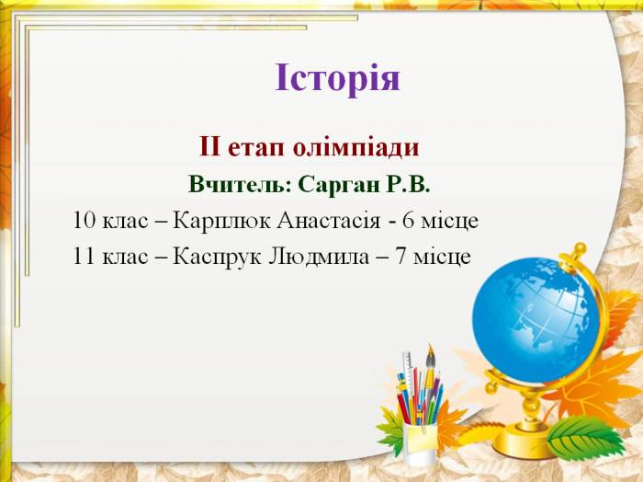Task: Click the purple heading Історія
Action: pyautogui.click(x=337, y=78)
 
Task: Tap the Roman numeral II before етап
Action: pyautogui.click(x=210, y=148)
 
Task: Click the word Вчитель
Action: pyautogui.click(x=237, y=185)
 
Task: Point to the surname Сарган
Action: pyautogui.click(x=339, y=186)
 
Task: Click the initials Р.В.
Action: pyautogui.click(x=408, y=185)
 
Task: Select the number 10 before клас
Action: pyautogui.click(x=85, y=221)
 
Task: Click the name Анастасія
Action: pyautogui.click(x=329, y=221)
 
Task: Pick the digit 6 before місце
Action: pyautogui.click(x=409, y=221)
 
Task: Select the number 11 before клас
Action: pyautogui.click(x=85, y=257)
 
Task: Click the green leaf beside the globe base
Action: pyautogui.click(x=586, y=438)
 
